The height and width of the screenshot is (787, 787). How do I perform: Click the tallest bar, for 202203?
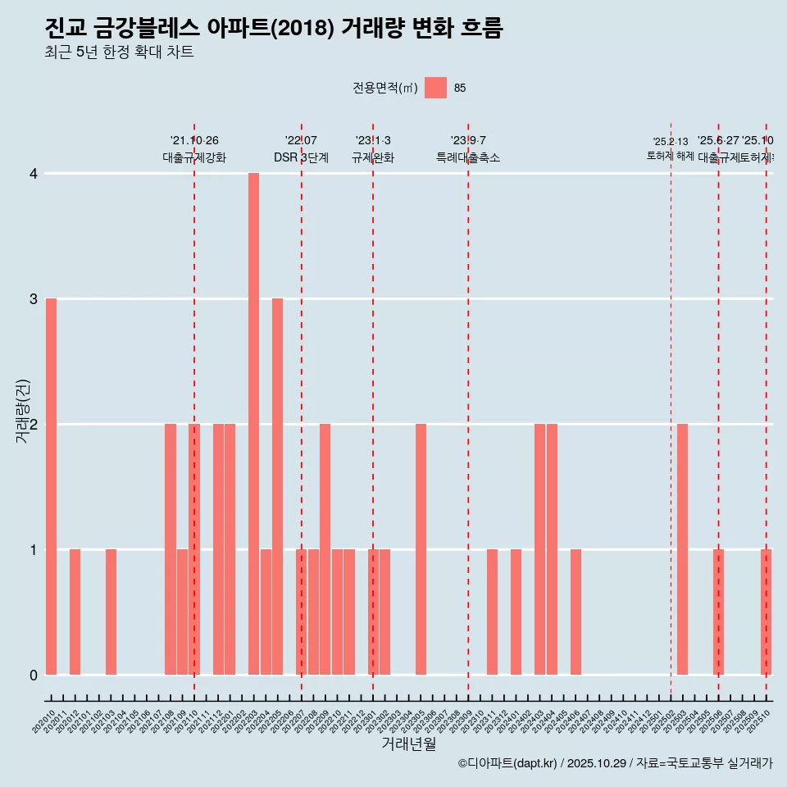tap(253, 424)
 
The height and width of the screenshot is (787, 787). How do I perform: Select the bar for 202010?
tap(51, 486)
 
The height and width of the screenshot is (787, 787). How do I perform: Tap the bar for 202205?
tap(277, 486)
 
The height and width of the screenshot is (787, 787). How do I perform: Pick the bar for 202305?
tap(421, 549)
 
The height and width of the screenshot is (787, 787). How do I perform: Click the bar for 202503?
tap(682, 549)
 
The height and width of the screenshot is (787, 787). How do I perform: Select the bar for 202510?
tap(766, 612)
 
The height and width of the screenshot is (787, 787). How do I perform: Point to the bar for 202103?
tap(111, 612)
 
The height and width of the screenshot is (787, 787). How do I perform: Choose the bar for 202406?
tap(575, 612)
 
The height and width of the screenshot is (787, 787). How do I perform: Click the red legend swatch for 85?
tap(435, 88)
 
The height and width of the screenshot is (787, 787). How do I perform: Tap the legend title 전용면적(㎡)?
tap(384, 88)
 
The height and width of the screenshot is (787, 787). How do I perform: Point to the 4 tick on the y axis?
tap(34, 174)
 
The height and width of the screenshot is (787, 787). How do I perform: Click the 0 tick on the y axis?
tap(34, 675)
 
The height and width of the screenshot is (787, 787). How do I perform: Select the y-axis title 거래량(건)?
tap(22, 410)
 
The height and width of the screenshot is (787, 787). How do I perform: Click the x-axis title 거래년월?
tap(408, 744)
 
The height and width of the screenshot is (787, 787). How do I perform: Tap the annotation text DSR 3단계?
tap(301, 157)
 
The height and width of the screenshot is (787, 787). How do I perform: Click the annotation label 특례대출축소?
tap(467, 157)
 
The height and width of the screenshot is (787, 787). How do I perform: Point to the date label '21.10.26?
tap(194, 141)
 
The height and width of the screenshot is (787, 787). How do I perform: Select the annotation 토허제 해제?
tap(670, 156)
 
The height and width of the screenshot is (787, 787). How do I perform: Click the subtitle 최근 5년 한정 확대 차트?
tap(119, 52)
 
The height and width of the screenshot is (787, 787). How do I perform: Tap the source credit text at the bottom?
tap(615, 763)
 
